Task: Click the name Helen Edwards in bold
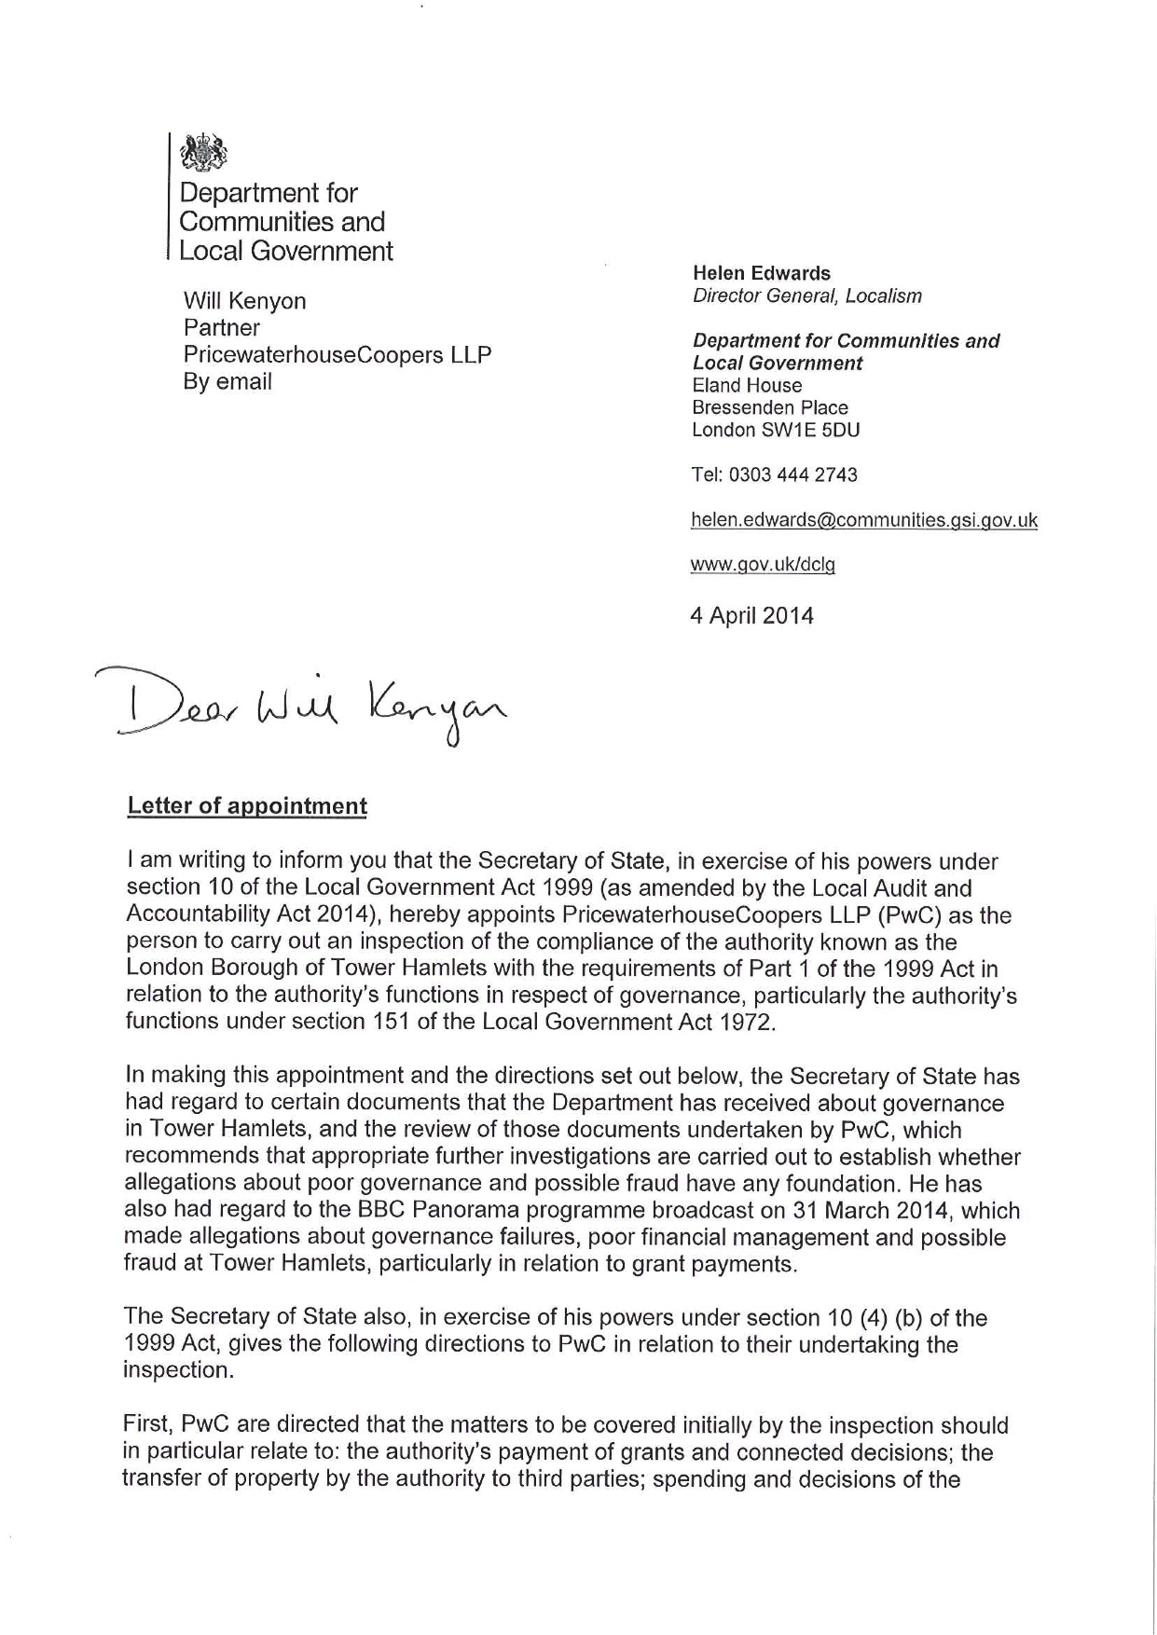tap(761, 273)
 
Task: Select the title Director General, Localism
tap(806, 296)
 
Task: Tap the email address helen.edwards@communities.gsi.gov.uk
tap(863, 520)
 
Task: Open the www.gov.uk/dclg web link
tap(762, 565)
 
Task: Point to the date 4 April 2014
tap(751, 616)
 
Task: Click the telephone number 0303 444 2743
tap(792, 474)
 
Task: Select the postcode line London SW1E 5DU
tap(775, 430)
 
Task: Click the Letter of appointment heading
tap(247, 806)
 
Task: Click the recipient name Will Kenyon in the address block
tap(244, 301)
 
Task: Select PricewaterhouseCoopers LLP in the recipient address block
tap(337, 355)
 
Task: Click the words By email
tap(227, 382)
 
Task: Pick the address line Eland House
tap(746, 386)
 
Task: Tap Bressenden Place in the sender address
tap(769, 408)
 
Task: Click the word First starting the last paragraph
tap(146, 1426)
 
